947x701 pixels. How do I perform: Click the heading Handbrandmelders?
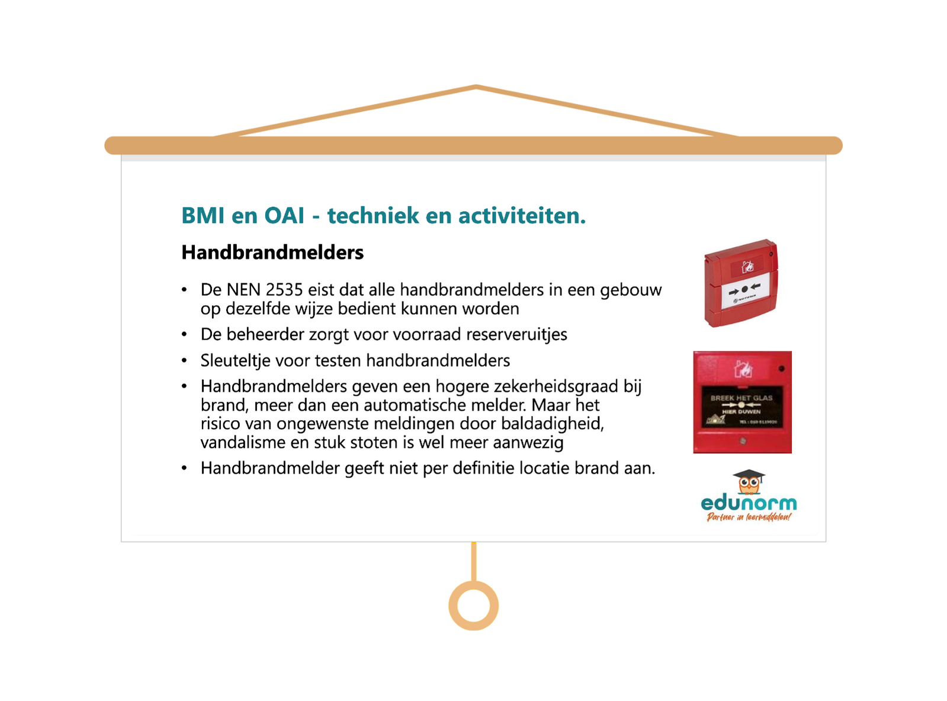click(272, 252)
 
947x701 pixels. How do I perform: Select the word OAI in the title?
click(284, 216)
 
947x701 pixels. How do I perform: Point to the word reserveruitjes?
click(516, 335)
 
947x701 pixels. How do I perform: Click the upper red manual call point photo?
click(741, 283)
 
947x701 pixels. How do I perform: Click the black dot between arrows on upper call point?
click(744, 290)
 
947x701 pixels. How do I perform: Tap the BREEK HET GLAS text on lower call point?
click(741, 398)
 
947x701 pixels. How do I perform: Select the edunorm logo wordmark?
click(749, 504)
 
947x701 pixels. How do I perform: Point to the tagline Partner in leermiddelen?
click(749, 517)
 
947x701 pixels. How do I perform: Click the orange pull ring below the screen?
click(473, 606)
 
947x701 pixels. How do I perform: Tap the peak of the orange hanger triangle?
click(476, 87)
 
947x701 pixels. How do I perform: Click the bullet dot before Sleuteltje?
click(185, 361)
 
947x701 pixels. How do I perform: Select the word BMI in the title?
click(203, 216)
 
